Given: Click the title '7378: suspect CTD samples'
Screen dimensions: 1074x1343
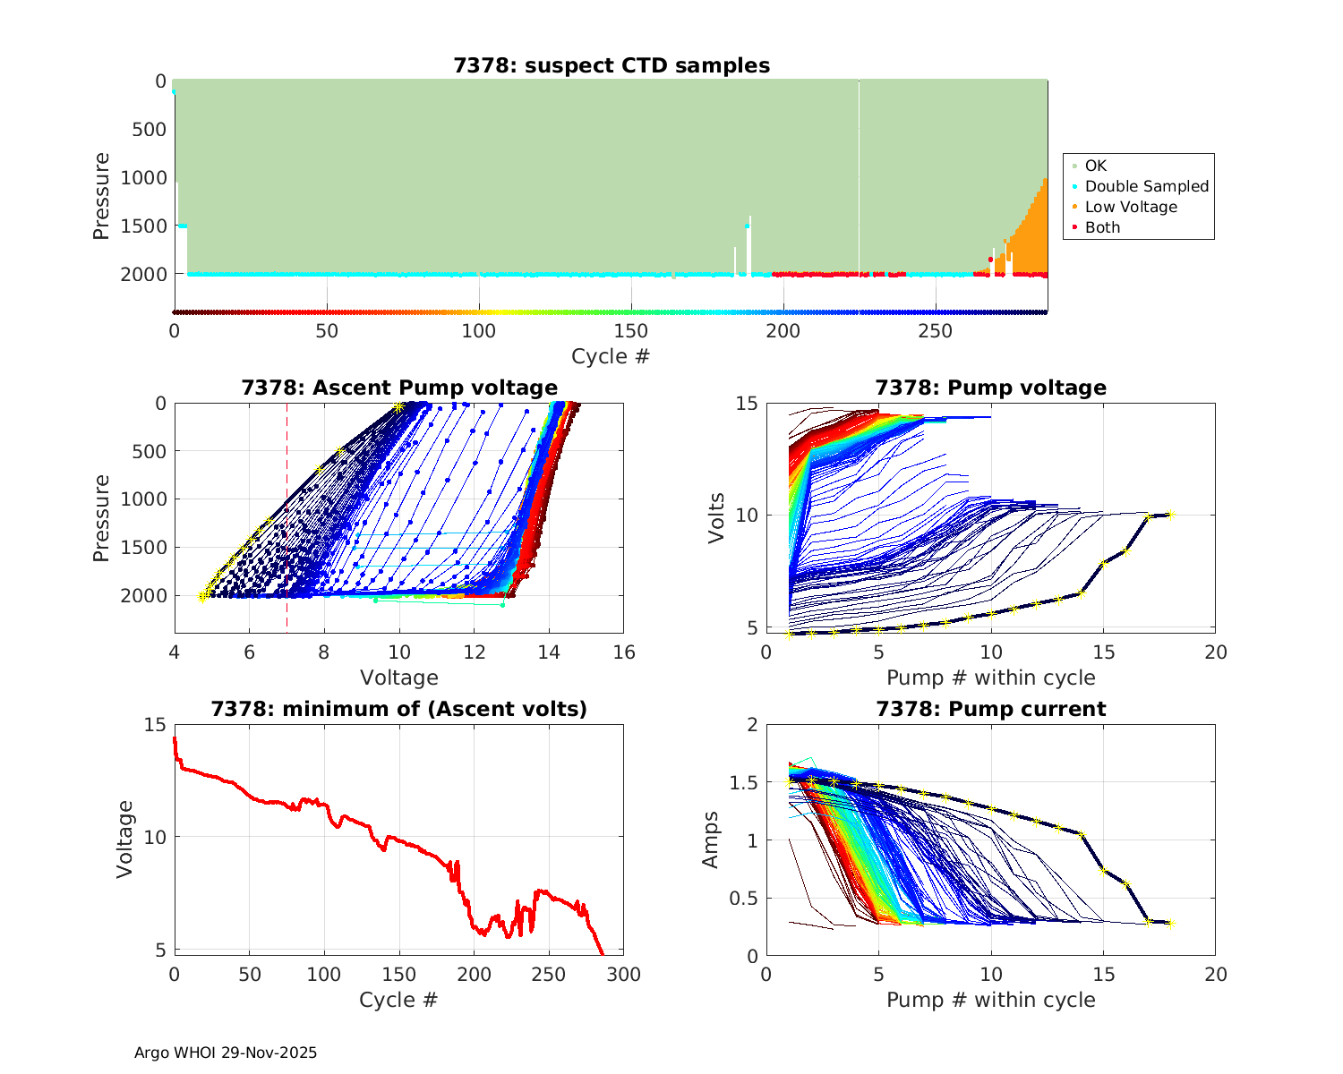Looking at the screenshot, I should (612, 65).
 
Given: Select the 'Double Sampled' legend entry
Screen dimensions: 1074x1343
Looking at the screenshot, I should (1146, 186).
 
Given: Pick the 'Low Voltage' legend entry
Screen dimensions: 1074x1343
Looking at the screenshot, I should (1130, 207).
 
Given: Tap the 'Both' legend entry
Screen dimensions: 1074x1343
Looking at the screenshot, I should (1102, 227).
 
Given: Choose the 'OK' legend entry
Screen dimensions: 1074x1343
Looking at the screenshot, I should (1095, 166).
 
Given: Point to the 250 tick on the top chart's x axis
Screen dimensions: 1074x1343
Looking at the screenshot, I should (936, 331).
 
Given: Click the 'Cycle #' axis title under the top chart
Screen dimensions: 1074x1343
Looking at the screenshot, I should (611, 356).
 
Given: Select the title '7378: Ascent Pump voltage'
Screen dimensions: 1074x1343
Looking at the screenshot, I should (399, 388).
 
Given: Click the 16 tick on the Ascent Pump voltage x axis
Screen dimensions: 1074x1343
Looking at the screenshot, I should (624, 652).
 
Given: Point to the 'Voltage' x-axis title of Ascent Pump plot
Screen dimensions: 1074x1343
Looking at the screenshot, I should (399, 678).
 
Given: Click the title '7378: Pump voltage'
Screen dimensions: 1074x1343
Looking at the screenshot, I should (990, 388).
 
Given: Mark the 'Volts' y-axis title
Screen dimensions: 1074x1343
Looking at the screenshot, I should (715, 516).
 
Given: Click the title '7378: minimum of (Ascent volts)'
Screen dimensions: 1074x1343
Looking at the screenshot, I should (399, 709).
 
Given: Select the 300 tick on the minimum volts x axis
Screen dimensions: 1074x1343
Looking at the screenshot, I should (624, 975).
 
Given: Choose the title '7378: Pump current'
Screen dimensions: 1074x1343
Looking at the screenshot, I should (990, 709).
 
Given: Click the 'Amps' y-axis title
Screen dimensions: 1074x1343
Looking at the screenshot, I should (711, 840).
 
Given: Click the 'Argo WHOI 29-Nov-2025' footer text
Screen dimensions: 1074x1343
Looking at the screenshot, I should (226, 1053).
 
